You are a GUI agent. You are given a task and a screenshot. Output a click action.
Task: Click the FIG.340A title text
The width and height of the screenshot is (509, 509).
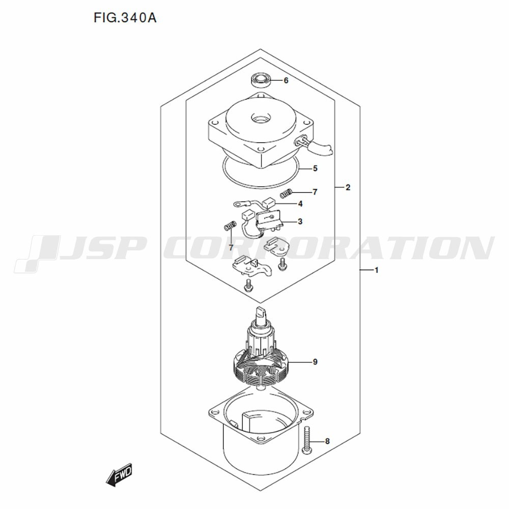(125, 18)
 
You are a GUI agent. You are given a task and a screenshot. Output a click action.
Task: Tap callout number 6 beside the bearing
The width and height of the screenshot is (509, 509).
(286, 80)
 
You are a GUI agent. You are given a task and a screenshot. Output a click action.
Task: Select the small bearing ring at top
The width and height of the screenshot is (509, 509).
(261, 80)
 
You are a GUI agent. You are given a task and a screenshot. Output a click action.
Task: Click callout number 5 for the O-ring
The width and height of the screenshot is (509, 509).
(315, 168)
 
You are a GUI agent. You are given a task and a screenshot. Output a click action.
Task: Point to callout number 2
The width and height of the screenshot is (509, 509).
(348, 187)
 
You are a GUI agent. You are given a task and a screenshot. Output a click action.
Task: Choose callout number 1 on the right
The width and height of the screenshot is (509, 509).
(377, 270)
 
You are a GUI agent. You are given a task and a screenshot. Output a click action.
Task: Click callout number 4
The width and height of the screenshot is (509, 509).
(300, 204)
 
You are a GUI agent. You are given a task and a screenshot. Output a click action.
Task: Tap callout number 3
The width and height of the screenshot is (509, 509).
(300, 221)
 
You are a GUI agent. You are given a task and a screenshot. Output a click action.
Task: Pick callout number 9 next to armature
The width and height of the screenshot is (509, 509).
(315, 361)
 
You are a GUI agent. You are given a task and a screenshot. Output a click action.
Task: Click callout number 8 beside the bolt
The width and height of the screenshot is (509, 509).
(327, 441)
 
